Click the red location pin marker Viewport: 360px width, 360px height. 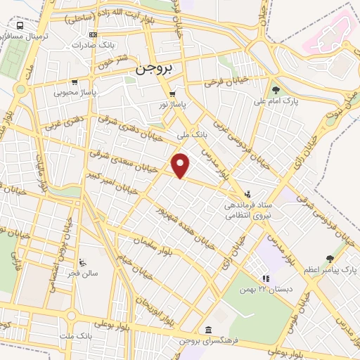(x=181, y=165)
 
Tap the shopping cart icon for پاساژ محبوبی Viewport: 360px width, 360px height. (x=75, y=81)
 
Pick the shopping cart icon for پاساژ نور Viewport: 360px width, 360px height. (x=172, y=94)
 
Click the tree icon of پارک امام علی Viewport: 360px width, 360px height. (x=276, y=90)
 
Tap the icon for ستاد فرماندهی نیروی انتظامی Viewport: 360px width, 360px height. (x=247, y=194)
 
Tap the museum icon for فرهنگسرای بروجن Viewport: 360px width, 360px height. (x=208, y=329)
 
